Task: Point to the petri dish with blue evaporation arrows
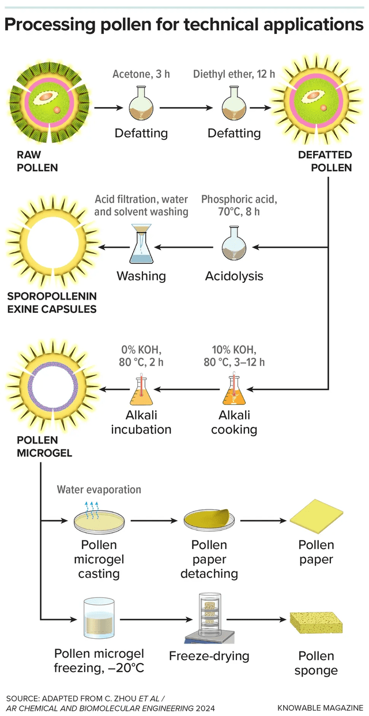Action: (x=96, y=520)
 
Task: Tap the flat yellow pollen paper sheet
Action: (x=317, y=516)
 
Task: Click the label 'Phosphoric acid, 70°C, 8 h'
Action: (x=239, y=205)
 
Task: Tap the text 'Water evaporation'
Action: (x=99, y=490)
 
